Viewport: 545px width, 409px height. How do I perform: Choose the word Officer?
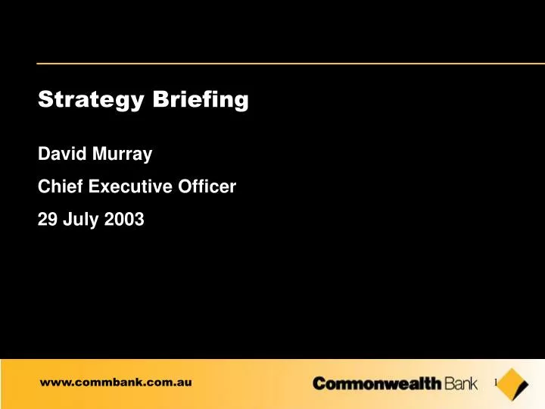(209, 188)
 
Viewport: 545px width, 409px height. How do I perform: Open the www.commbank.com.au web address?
(116, 383)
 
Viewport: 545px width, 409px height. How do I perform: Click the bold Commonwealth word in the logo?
(377, 385)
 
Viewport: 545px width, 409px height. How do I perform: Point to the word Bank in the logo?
(462, 385)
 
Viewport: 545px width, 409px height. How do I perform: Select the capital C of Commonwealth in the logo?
(319, 385)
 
